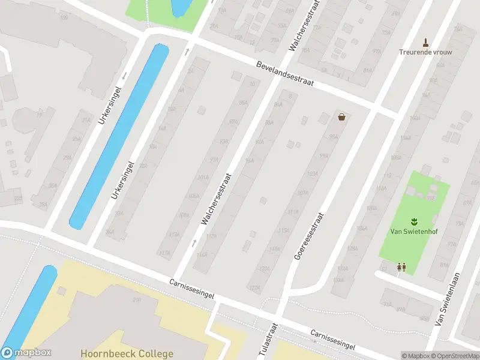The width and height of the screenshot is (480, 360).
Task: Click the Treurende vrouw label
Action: click(x=426, y=52)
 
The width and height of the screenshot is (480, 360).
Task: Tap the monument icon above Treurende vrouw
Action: click(x=426, y=42)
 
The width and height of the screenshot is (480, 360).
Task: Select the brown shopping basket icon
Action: click(x=341, y=117)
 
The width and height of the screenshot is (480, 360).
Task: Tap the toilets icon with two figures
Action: click(x=401, y=268)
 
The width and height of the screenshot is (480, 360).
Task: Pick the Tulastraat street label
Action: click(x=268, y=341)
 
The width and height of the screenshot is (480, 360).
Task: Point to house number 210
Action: click(x=136, y=300)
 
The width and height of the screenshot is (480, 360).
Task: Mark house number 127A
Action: click(x=255, y=289)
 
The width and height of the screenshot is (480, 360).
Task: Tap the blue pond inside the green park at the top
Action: click(x=179, y=7)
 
